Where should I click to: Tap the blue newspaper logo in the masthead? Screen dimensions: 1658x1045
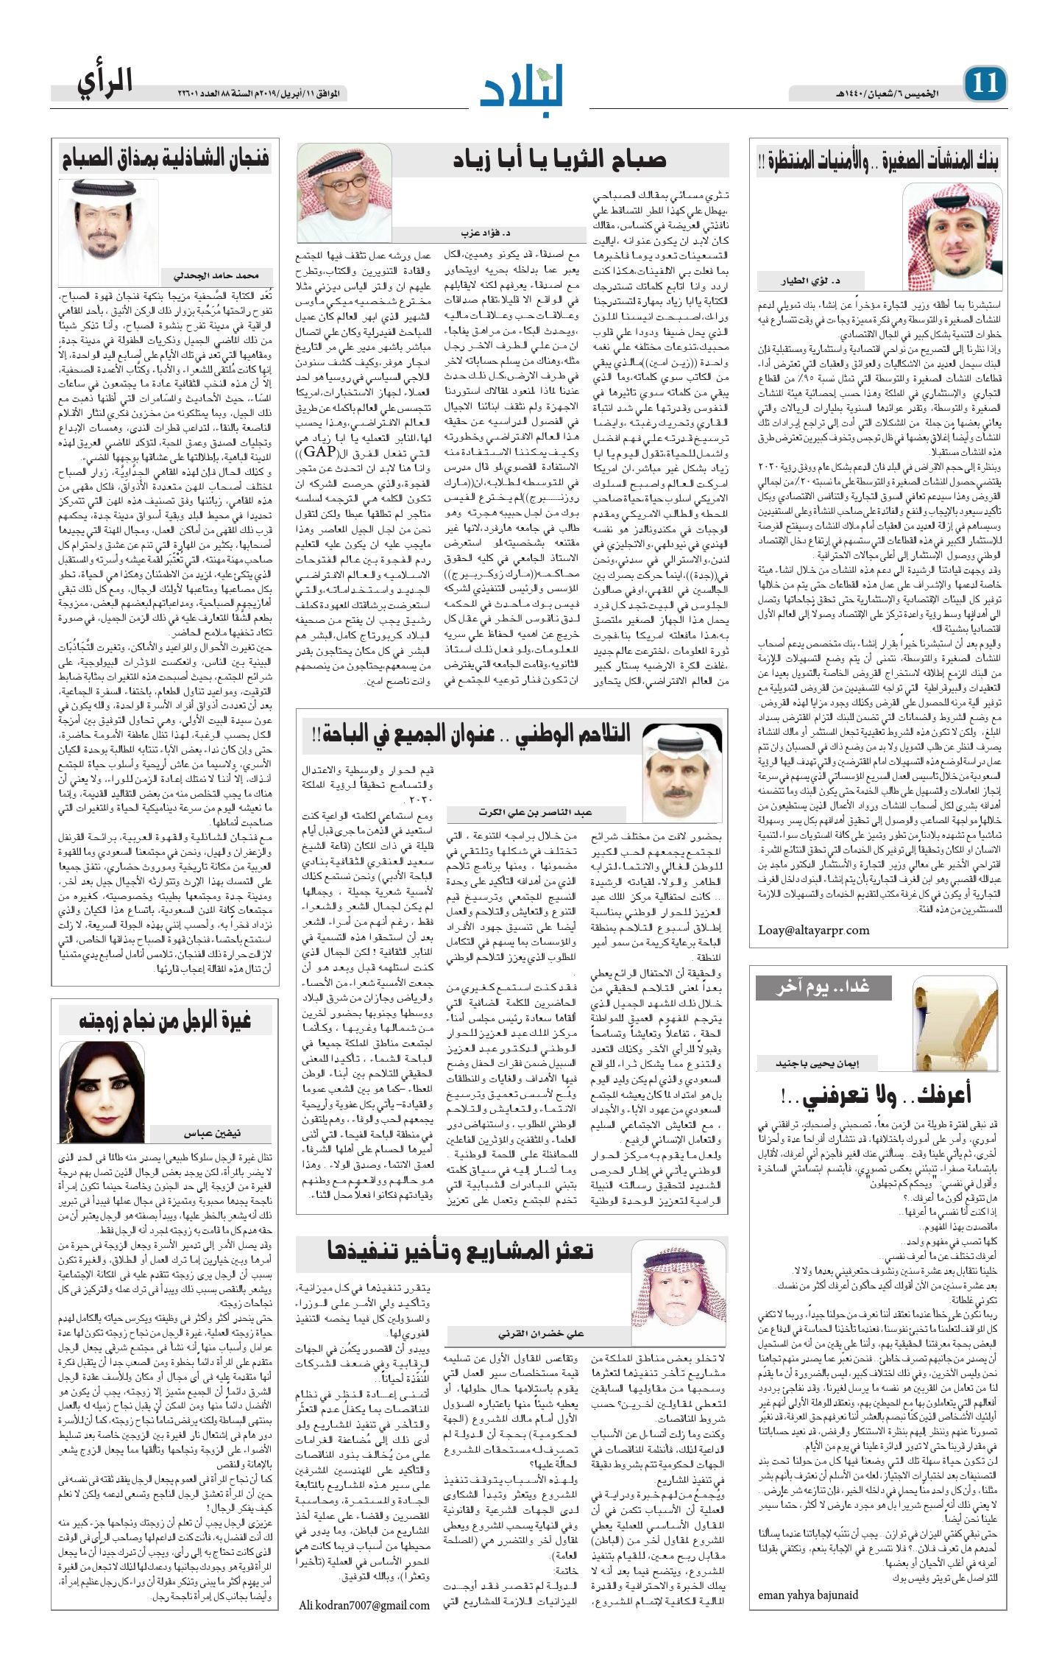pos(522,83)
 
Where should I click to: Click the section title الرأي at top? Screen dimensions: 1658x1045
pos(104,82)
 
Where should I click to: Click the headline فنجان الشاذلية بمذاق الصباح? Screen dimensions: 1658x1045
pos(166,158)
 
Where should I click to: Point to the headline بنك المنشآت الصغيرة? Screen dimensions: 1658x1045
pos(878,161)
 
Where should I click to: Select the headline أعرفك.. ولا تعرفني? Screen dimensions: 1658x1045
pos(876,1095)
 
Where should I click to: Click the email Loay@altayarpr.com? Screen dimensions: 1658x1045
pos(813,930)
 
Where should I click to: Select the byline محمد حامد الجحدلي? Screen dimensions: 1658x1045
pos(216,276)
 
